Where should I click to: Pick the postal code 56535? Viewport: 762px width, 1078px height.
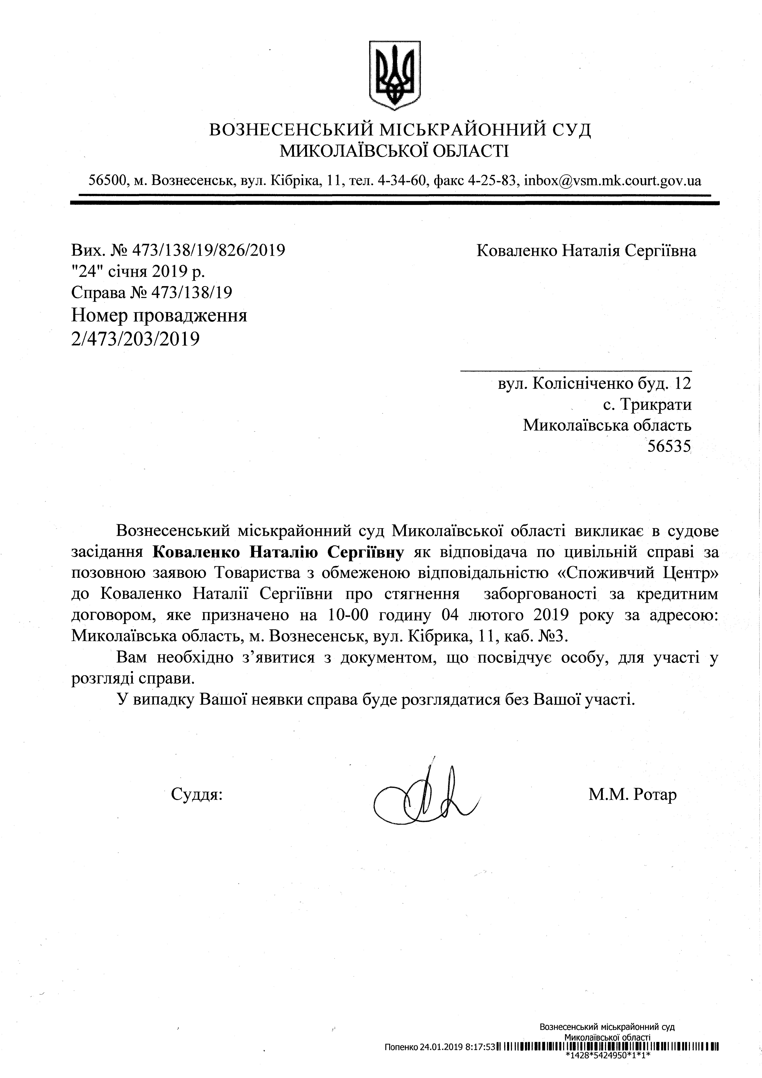click(669, 446)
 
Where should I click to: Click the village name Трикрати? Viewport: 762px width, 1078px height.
click(655, 404)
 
